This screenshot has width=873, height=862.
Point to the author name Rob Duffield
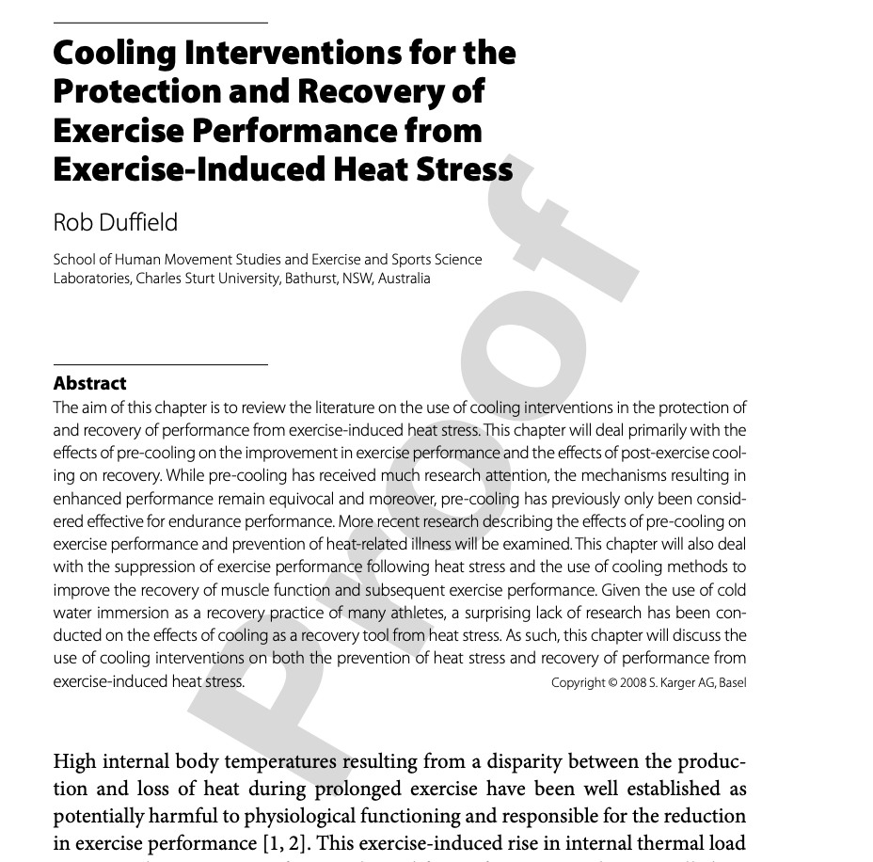point(115,222)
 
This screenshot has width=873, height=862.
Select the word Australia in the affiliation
point(404,279)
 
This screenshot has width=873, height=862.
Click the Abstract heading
point(89,383)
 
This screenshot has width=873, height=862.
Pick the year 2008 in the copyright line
point(633,682)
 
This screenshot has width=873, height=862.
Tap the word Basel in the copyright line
point(732,682)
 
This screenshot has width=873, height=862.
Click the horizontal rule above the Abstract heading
point(160,363)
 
